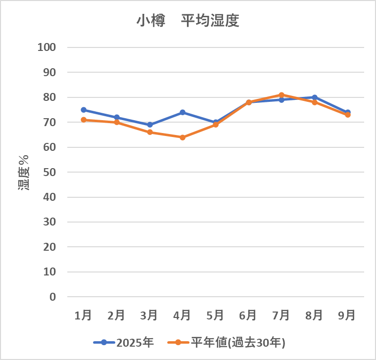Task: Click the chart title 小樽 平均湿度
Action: tap(188, 21)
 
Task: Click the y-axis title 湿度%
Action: tap(24, 172)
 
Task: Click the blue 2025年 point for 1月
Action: tap(84, 110)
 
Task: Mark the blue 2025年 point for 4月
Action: tap(183, 112)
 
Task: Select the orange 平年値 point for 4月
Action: tap(183, 137)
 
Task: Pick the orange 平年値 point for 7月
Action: tap(282, 95)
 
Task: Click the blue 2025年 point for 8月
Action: tap(315, 97)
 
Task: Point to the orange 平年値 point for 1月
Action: tap(84, 120)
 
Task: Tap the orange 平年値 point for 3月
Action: tap(150, 132)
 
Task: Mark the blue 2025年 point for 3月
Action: tap(150, 125)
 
